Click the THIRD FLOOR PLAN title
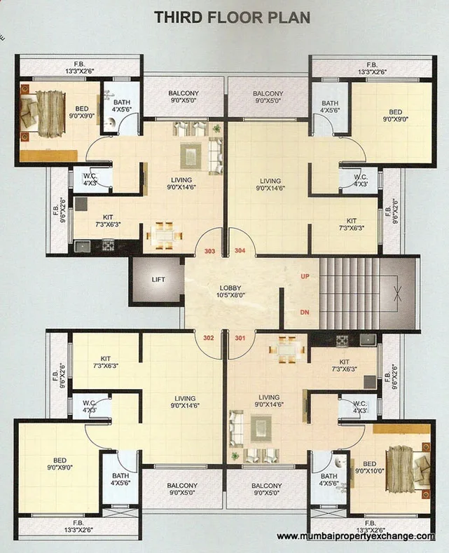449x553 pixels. [231, 18]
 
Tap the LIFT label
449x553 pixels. [158, 279]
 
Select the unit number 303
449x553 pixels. [209, 250]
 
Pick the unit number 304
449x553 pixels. [240, 250]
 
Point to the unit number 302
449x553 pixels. [208, 337]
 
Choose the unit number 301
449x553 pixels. [240, 337]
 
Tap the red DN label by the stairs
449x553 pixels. [305, 311]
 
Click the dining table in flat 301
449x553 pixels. [287, 348]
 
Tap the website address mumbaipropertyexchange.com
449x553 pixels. [356, 536]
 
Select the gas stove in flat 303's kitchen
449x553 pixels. [108, 245]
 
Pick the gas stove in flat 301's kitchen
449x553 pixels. [343, 341]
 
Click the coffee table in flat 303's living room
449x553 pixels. [190, 153]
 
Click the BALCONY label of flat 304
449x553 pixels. [268, 97]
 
